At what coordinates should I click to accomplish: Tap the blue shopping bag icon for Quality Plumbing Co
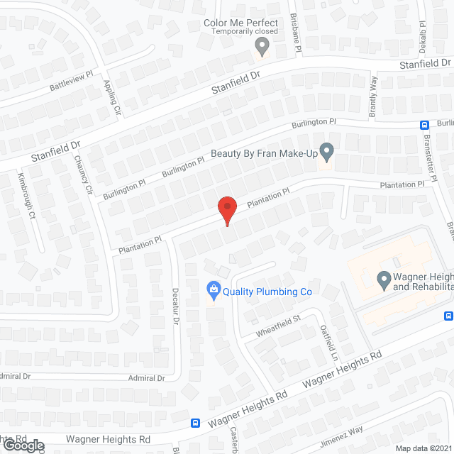point(212,289)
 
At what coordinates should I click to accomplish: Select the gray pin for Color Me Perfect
point(262,46)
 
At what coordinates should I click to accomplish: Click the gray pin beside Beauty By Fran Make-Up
point(326,151)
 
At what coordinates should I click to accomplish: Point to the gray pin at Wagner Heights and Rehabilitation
point(384,281)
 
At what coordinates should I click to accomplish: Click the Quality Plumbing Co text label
point(267,291)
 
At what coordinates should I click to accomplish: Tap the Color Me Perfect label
point(241,23)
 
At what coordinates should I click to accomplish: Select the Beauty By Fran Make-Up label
point(263,153)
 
